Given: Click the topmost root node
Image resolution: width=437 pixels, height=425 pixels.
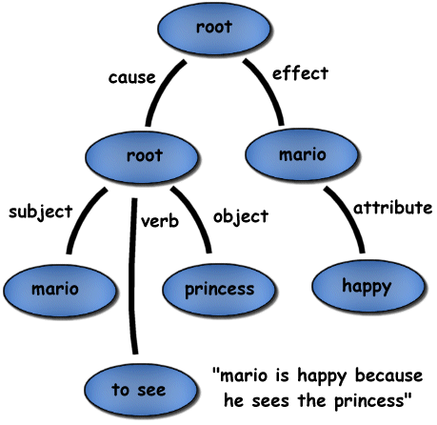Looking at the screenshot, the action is click(x=214, y=28).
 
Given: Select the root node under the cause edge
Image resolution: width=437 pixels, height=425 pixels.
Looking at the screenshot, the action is click(x=142, y=157).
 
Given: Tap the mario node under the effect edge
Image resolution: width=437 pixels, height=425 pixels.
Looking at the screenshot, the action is click(x=302, y=154).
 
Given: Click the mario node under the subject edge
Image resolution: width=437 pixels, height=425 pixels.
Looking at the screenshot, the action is click(x=59, y=291).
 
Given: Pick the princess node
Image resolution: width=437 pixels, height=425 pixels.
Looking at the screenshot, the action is click(x=219, y=290).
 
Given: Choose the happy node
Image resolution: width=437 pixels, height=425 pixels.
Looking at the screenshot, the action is click(x=367, y=286).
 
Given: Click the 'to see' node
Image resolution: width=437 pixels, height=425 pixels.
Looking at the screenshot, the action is click(x=141, y=390).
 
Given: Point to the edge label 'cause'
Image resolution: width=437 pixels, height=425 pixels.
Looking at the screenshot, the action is click(x=132, y=78).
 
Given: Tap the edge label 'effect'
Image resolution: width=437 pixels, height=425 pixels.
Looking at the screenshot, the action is click(x=300, y=73).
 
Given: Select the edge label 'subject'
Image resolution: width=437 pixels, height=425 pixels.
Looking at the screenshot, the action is click(x=41, y=212).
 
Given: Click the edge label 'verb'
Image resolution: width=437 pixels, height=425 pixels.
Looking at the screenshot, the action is click(x=160, y=221).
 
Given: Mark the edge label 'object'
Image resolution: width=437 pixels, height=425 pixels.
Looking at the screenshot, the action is click(x=241, y=217).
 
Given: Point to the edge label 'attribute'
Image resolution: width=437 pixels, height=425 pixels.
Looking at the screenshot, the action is click(x=393, y=208).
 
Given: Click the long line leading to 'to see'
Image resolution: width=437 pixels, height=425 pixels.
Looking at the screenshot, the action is click(x=132, y=275).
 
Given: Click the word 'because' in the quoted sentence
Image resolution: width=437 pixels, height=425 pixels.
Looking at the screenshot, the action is click(x=388, y=375).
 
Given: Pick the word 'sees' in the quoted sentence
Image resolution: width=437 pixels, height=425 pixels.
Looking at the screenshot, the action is click(x=270, y=401).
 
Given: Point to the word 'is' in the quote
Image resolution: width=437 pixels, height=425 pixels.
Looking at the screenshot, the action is click(x=282, y=375).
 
